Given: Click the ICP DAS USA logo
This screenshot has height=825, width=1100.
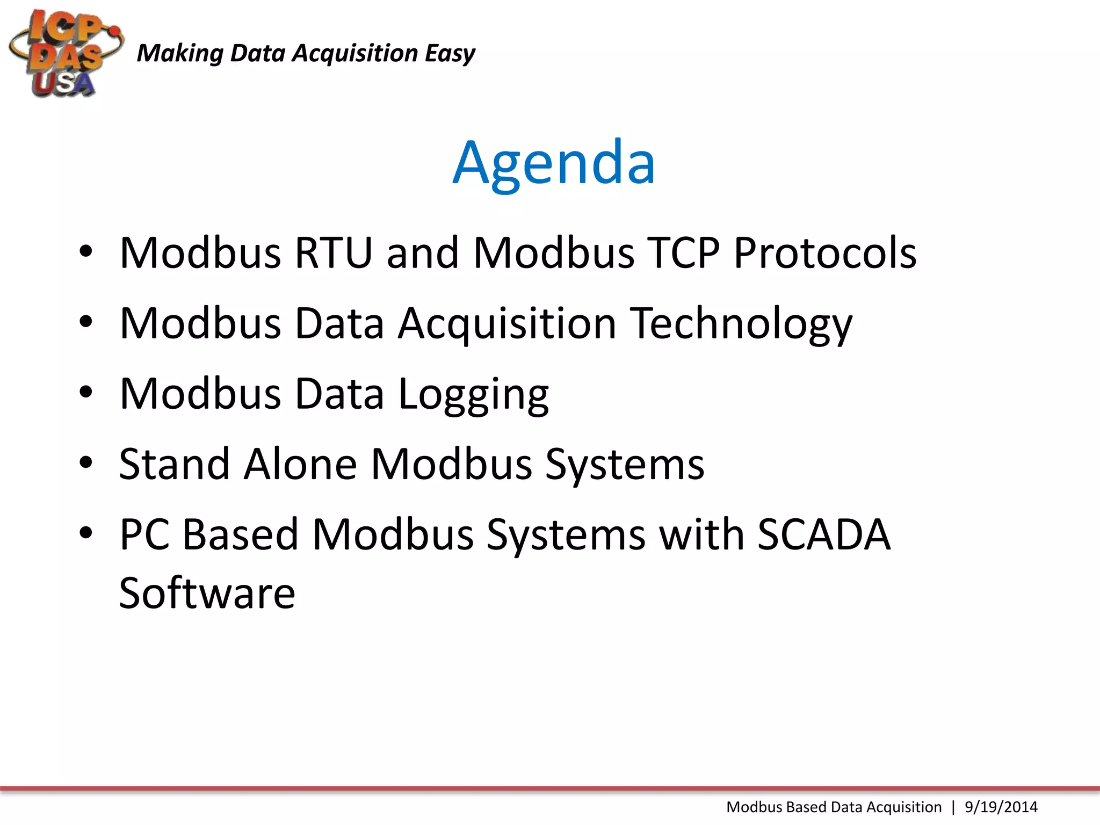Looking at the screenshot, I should click(x=66, y=54).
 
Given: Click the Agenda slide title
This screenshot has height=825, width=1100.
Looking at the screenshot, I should click(x=554, y=162).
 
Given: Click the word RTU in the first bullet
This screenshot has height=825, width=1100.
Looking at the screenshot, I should click(x=333, y=252).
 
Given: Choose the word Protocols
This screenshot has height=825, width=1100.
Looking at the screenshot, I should click(x=825, y=252).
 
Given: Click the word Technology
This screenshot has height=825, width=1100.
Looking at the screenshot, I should click(x=741, y=324).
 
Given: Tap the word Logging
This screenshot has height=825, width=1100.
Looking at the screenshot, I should click(x=473, y=395).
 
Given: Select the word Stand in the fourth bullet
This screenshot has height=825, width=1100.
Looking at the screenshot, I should click(x=175, y=464).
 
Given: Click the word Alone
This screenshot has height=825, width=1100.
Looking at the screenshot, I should click(x=300, y=464).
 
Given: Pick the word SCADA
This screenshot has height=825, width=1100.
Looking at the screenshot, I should click(x=824, y=534).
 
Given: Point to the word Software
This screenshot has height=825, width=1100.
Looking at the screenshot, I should click(x=207, y=593).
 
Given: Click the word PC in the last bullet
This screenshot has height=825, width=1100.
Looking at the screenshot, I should click(x=144, y=534).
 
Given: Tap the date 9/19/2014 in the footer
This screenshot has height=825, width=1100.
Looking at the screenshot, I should click(x=1001, y=807).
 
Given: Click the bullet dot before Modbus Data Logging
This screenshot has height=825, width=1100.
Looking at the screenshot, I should click(x=86, y=392).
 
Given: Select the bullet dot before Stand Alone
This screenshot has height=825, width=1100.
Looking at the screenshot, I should click(x=86, y=462).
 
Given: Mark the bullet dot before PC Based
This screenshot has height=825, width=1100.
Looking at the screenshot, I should click(x=86, y=533).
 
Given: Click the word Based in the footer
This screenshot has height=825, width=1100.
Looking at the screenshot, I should click(x=806, y=807).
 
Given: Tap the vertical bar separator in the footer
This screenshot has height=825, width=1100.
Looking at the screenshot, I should click(x=953, y=807).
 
